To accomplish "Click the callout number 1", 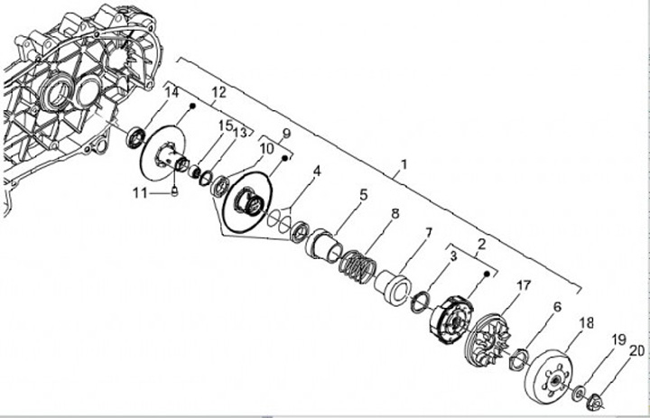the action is (x=404, y=165).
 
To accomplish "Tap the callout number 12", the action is (x=218, y=92).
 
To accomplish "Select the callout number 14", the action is (x=172, y=92).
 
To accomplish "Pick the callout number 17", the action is (x=523, y=286).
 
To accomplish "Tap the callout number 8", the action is (x=395, y=214).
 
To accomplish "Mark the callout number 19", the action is (x=619, y=339).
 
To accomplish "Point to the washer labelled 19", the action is (x=578, y=394).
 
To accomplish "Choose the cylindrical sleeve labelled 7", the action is (x=393, y=286).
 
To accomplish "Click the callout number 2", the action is (x=481, y=243).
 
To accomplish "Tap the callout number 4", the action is (x=316, y=170).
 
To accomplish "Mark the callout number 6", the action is (x=557, y=307).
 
